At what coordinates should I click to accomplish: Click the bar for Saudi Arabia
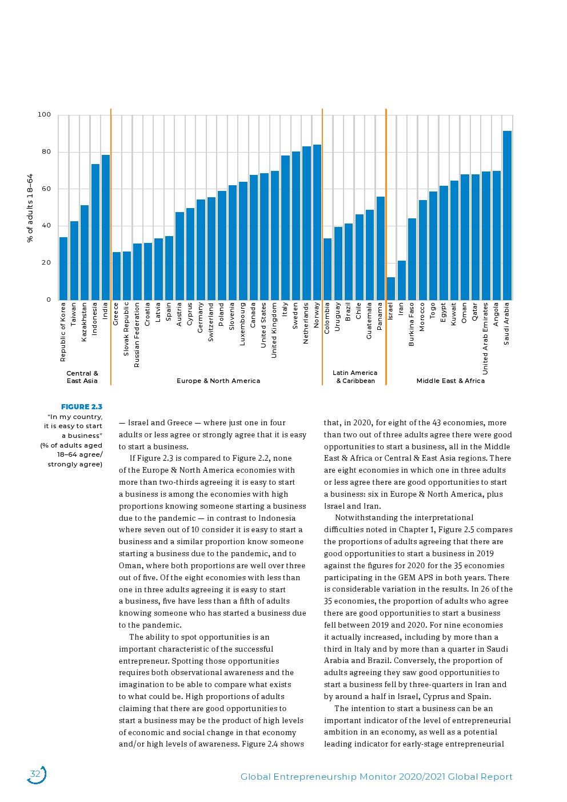[x=507, y=216]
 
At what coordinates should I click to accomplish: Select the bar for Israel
[x=391, y=289]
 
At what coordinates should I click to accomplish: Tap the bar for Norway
[x=317, y=222]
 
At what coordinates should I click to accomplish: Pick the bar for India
[x=105, y=228]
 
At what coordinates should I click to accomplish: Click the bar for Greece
[x=116, y=276]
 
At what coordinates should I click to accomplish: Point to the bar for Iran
[x=401, y=280]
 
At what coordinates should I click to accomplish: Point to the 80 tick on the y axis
[x=45, y=152]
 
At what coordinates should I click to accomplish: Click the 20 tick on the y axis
[x=45, y=263]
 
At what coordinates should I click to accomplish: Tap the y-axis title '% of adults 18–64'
[x=30, y=208]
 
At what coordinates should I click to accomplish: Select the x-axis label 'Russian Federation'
[x=137, y=335]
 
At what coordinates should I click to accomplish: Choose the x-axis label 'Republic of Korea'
[x=63, y=332]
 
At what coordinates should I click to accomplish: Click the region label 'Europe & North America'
[x=218, y=381]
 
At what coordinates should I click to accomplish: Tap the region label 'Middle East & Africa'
[x=450, y=381]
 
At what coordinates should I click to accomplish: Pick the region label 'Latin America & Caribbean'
[x=355, y=377]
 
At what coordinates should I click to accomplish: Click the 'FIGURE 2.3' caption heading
[x=82, y=407]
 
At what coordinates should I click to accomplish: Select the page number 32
[x=35, y=775]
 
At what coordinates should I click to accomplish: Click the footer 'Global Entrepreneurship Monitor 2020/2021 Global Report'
[x=376, y=777]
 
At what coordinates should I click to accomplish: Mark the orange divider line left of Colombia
[x=322, y=246]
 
